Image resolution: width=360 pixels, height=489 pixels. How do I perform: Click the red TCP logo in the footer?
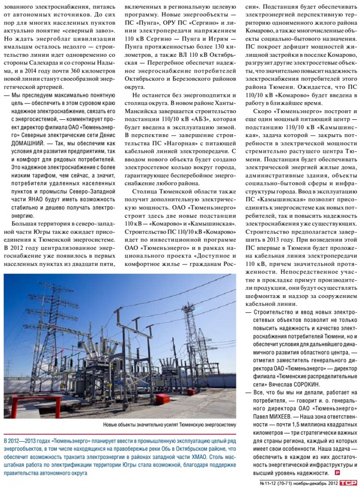pos(350,482)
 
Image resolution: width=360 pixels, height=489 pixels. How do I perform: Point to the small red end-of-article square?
pos(338,472)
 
